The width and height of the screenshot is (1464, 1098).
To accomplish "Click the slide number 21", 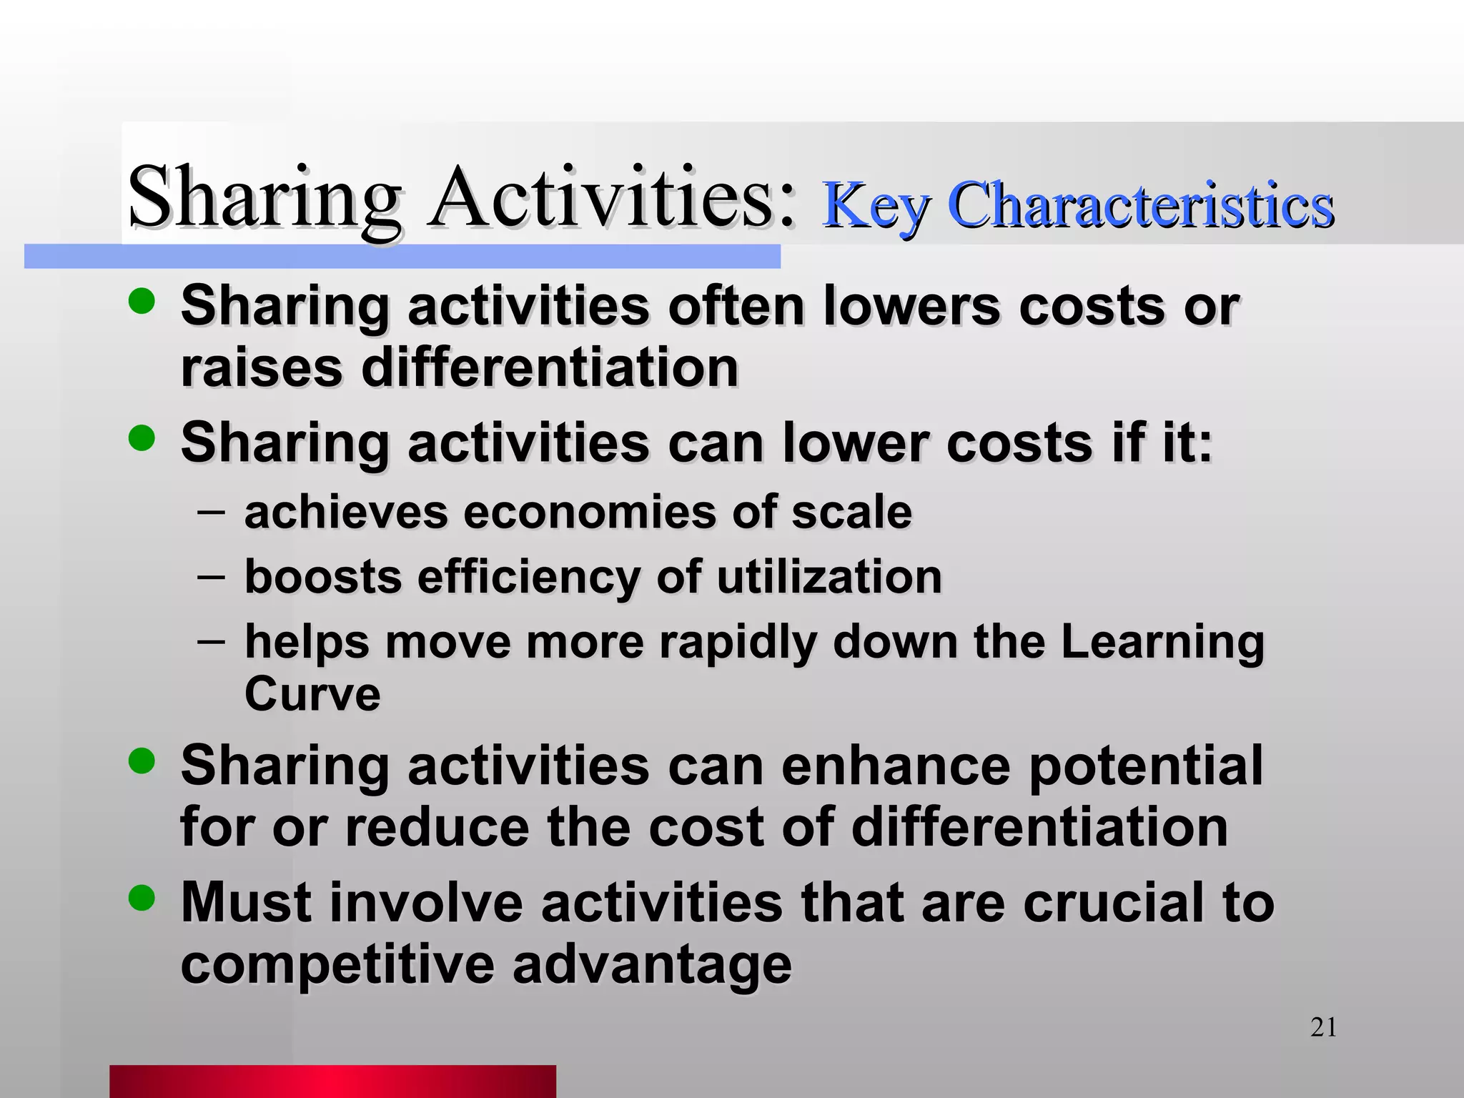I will [1323, 1027].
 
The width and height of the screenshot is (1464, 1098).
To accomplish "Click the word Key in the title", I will [876, 206].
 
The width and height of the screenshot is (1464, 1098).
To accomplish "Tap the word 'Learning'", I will [1162, 641].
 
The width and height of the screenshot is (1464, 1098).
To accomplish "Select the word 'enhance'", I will [896, 766].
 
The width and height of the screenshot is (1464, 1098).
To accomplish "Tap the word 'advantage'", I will [652, 966].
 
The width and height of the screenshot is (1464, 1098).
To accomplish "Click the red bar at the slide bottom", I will [332, 1081].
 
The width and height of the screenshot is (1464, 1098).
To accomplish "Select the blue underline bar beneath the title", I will [402, 257].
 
